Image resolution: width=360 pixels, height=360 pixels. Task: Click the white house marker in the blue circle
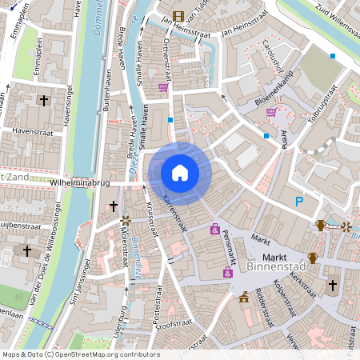click(x=180, y=172)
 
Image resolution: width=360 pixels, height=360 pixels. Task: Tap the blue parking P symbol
click(x=299, y=202)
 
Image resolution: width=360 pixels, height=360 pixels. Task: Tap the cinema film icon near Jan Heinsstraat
click(x=178, y=15)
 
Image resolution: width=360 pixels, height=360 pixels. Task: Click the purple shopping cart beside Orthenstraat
click(x=163, y=87)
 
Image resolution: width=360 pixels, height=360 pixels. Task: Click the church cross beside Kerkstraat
click(x=332, y=284)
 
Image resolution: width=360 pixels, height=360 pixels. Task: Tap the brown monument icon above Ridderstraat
click(x=244, y=297)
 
